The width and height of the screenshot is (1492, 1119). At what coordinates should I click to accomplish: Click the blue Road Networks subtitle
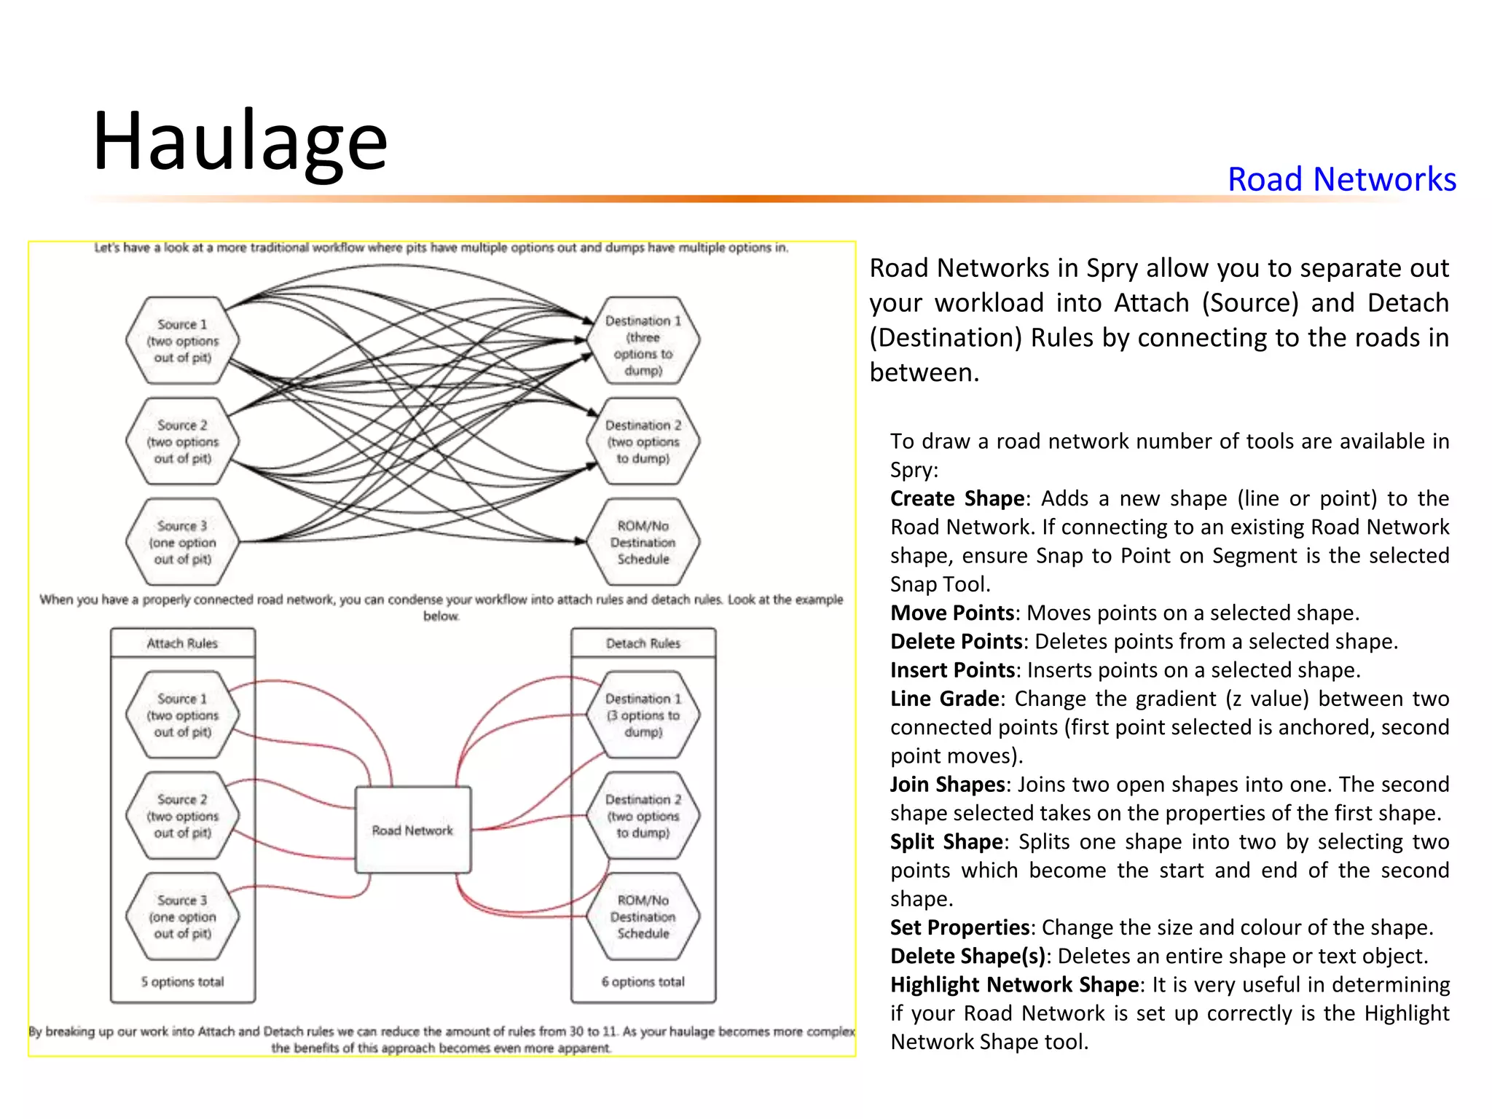tap(1341, 179)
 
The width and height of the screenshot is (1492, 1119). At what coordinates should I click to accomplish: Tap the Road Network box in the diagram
tap(412, 830)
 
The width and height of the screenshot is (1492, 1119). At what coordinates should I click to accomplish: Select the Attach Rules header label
tap(182, 643)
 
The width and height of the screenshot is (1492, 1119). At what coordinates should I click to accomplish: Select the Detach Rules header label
tap(643, 643)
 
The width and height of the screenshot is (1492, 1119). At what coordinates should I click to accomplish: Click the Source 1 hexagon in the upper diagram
tap(182, 340)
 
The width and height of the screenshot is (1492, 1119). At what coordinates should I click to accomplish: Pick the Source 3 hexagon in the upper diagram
tap(182, 542)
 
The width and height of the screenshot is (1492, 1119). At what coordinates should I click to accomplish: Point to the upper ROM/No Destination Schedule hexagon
tap(643, 542)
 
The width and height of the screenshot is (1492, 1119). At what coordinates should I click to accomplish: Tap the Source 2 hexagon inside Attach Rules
tap(182, 816)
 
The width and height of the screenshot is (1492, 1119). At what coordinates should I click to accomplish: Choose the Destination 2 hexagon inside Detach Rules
tap(643, 816)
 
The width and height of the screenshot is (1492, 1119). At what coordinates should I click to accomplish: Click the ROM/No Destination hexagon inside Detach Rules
tap(643, 916)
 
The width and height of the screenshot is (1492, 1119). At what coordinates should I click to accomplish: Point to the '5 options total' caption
tap(182, 982)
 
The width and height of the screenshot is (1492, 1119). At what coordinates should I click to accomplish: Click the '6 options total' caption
tap(643, 982)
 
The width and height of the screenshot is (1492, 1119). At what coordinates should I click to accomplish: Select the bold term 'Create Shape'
tap(957, 499)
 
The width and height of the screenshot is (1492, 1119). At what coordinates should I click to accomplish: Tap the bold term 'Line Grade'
tap(944, 699)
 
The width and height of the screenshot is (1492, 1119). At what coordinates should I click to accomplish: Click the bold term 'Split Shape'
tap(946, 842)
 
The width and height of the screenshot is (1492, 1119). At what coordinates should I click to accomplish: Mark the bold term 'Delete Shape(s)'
tap(967, 957)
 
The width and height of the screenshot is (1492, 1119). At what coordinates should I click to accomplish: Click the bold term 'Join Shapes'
tap(947, 785)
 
